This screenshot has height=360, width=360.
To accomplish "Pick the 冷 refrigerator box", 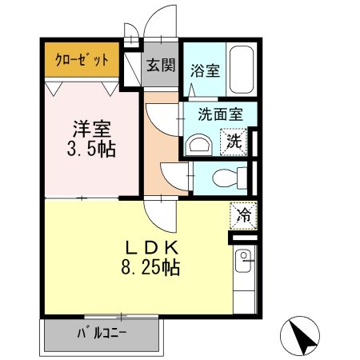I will pos(243,214).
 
